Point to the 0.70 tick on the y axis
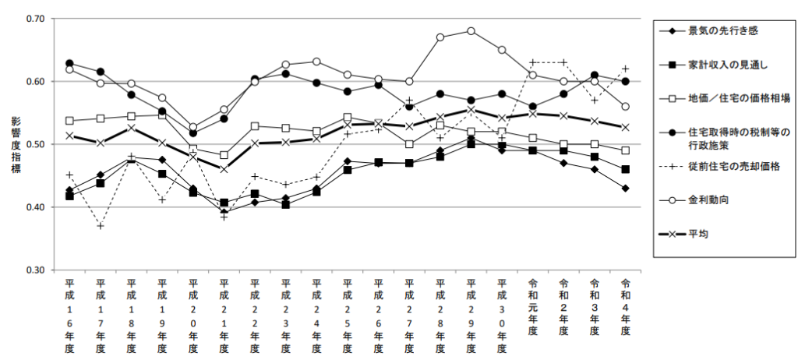[36, 19]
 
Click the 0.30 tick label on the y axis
[36, 270]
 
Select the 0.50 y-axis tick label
[36, 145]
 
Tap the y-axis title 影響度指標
[15, 144]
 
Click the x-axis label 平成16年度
[69, 315]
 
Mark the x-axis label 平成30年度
[502, 315]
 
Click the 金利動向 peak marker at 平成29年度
[471, 31]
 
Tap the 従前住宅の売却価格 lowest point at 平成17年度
[101, 226]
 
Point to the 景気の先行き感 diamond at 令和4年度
[625, 189]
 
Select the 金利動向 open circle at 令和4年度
[625, 107]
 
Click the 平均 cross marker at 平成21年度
[224, 169]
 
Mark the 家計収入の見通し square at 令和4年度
[625, 169]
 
